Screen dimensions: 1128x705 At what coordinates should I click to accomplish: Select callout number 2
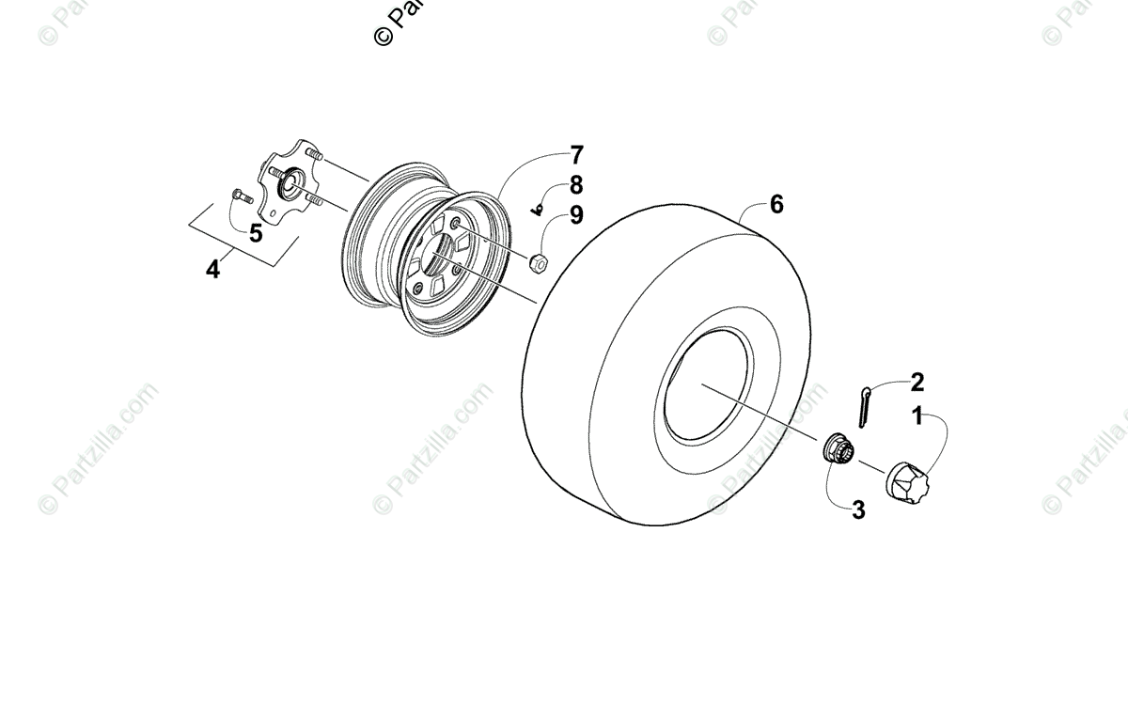tap(917, 383)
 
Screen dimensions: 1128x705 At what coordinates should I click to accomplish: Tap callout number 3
tap(858, 510)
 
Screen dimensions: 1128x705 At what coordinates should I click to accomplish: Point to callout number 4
tap(213, 270)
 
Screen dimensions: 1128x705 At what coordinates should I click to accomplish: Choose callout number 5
tap(256, 233)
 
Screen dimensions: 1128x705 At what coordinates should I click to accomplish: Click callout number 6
tap(776, 204)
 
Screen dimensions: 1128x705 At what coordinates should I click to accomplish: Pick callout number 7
tap(575, 156)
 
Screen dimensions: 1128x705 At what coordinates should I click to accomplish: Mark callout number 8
tap(575, 185)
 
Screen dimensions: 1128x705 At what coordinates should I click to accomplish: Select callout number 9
tap(575, 215)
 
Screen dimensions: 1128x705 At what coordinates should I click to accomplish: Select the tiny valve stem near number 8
tap(540, 210)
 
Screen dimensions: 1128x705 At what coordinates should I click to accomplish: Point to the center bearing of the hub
tap(287, 178)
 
